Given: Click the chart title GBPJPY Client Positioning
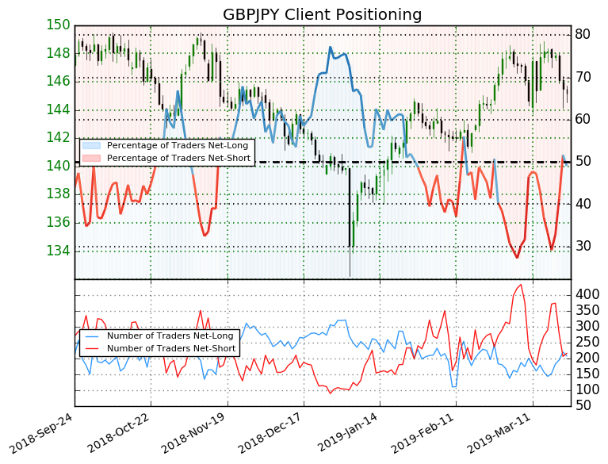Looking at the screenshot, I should click(x=322, y=14).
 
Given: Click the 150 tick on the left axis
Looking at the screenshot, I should click(x=58, y=25).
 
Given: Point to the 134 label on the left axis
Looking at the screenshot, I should click(x=58, y=251).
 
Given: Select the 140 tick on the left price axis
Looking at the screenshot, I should click(x=58, y=166).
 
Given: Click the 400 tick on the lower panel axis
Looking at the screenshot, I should click(x=588, y=294).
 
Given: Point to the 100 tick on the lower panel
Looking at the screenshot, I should click(x=588, y=389).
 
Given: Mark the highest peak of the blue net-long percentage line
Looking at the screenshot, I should click(x=330, y=48).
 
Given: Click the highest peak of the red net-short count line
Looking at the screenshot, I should click(x=521, y=285).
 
